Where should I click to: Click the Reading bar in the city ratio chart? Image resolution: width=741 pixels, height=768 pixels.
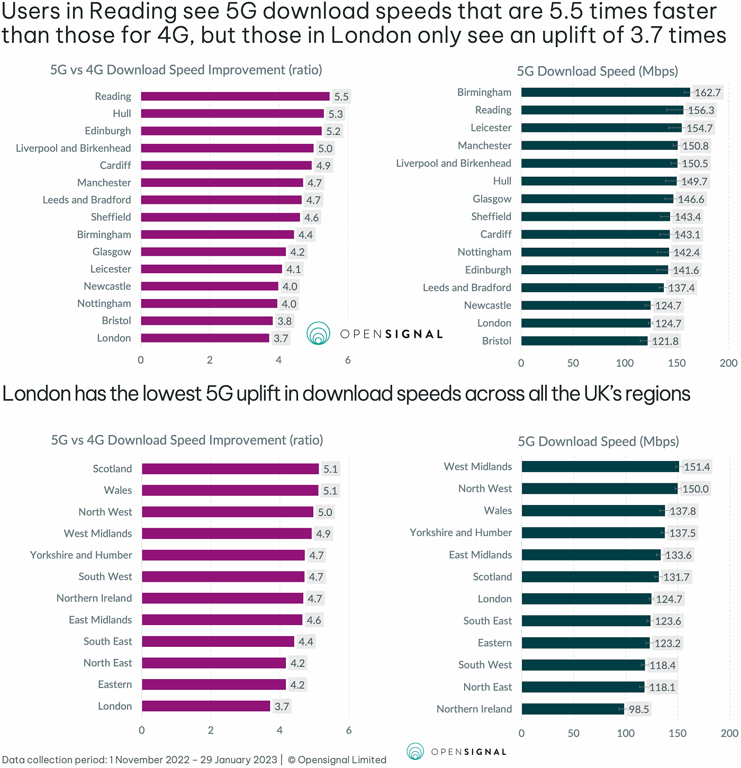(x=235, y=96)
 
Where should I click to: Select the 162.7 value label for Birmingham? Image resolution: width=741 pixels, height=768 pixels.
(x=707, y=93)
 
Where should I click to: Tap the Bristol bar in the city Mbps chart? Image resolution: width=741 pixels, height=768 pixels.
(x=584, y=341)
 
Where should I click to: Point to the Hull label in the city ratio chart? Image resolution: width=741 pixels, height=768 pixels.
(x=122, y=114)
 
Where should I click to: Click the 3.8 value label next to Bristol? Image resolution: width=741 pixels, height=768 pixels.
(x=284, y=321)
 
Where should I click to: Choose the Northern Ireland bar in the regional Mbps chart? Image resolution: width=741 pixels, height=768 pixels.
(x=573, y=709)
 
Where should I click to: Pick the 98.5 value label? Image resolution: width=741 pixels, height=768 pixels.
(x=638, y=709)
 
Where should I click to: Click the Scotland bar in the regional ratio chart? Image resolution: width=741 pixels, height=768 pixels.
(x=230, y=469)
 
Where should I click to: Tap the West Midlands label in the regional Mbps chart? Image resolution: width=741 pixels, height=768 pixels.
(x=477, y=466)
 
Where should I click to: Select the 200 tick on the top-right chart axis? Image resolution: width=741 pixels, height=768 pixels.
(x=728, y=363)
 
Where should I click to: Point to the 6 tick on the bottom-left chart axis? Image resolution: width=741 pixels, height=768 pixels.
(x=348, y=730)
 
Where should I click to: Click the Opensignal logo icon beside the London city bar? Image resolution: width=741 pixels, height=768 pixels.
(x=318, y=333)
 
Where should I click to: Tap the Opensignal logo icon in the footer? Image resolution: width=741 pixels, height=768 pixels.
(x=415, y=751)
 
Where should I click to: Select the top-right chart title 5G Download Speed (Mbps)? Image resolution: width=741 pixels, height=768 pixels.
(x=597, y=71)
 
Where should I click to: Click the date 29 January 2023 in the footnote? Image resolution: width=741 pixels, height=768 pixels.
(x=238, y=760)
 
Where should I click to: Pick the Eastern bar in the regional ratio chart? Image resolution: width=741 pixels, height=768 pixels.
(x=214, y=684)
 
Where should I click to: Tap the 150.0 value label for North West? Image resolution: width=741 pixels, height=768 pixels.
(x=695, y=489)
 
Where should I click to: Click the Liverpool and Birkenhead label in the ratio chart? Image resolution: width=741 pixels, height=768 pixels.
(x=73, y=148)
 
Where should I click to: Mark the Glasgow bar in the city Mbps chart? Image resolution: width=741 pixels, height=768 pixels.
(x=597, y=199)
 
